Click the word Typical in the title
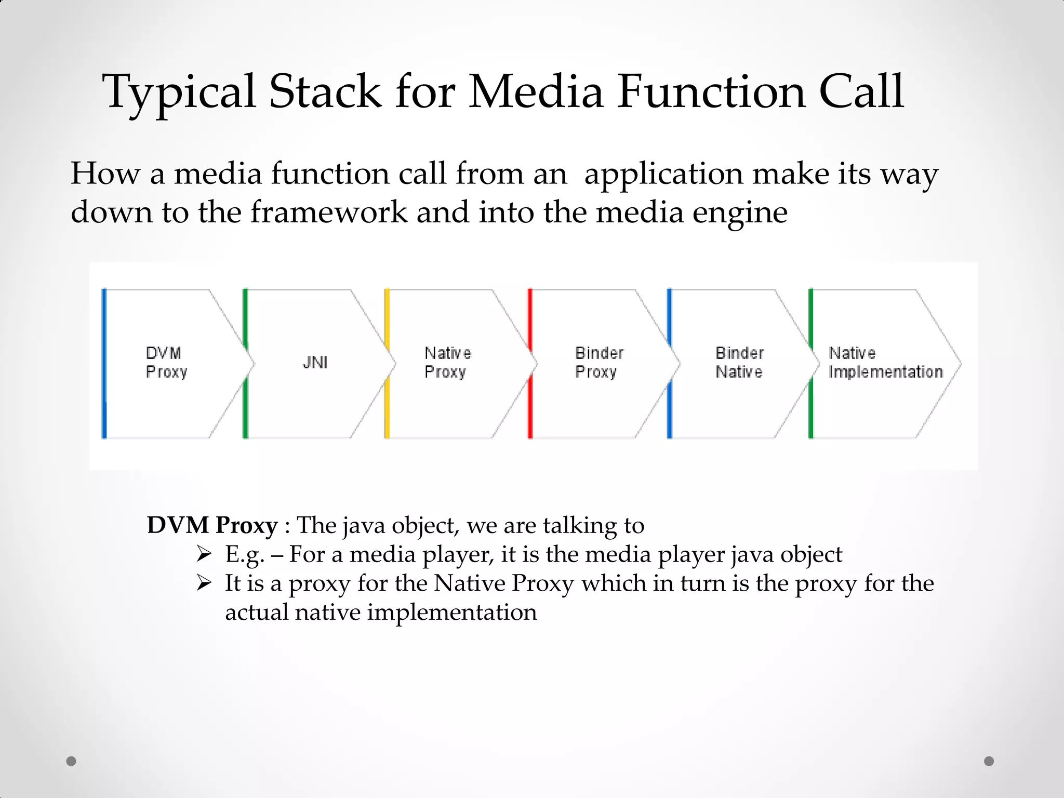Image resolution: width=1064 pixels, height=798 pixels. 179,92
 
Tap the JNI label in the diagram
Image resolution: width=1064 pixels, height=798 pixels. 315,362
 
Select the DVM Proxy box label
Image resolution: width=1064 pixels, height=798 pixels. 166,362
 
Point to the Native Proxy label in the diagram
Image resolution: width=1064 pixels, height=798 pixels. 447,362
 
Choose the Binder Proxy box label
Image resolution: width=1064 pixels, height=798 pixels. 598,362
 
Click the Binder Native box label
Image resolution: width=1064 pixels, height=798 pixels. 739,362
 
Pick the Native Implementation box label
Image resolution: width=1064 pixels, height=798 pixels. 885,362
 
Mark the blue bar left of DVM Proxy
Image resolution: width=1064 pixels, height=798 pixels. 104,364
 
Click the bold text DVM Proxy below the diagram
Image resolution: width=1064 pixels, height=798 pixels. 212,525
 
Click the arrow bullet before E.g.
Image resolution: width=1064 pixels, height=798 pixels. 204,554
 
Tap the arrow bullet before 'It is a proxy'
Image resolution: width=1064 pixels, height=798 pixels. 204,583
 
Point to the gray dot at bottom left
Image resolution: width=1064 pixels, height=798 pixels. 71,761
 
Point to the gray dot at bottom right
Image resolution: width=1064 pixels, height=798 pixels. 989,761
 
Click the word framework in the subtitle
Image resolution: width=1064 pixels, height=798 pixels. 329,212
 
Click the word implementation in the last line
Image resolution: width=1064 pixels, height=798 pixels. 451,612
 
